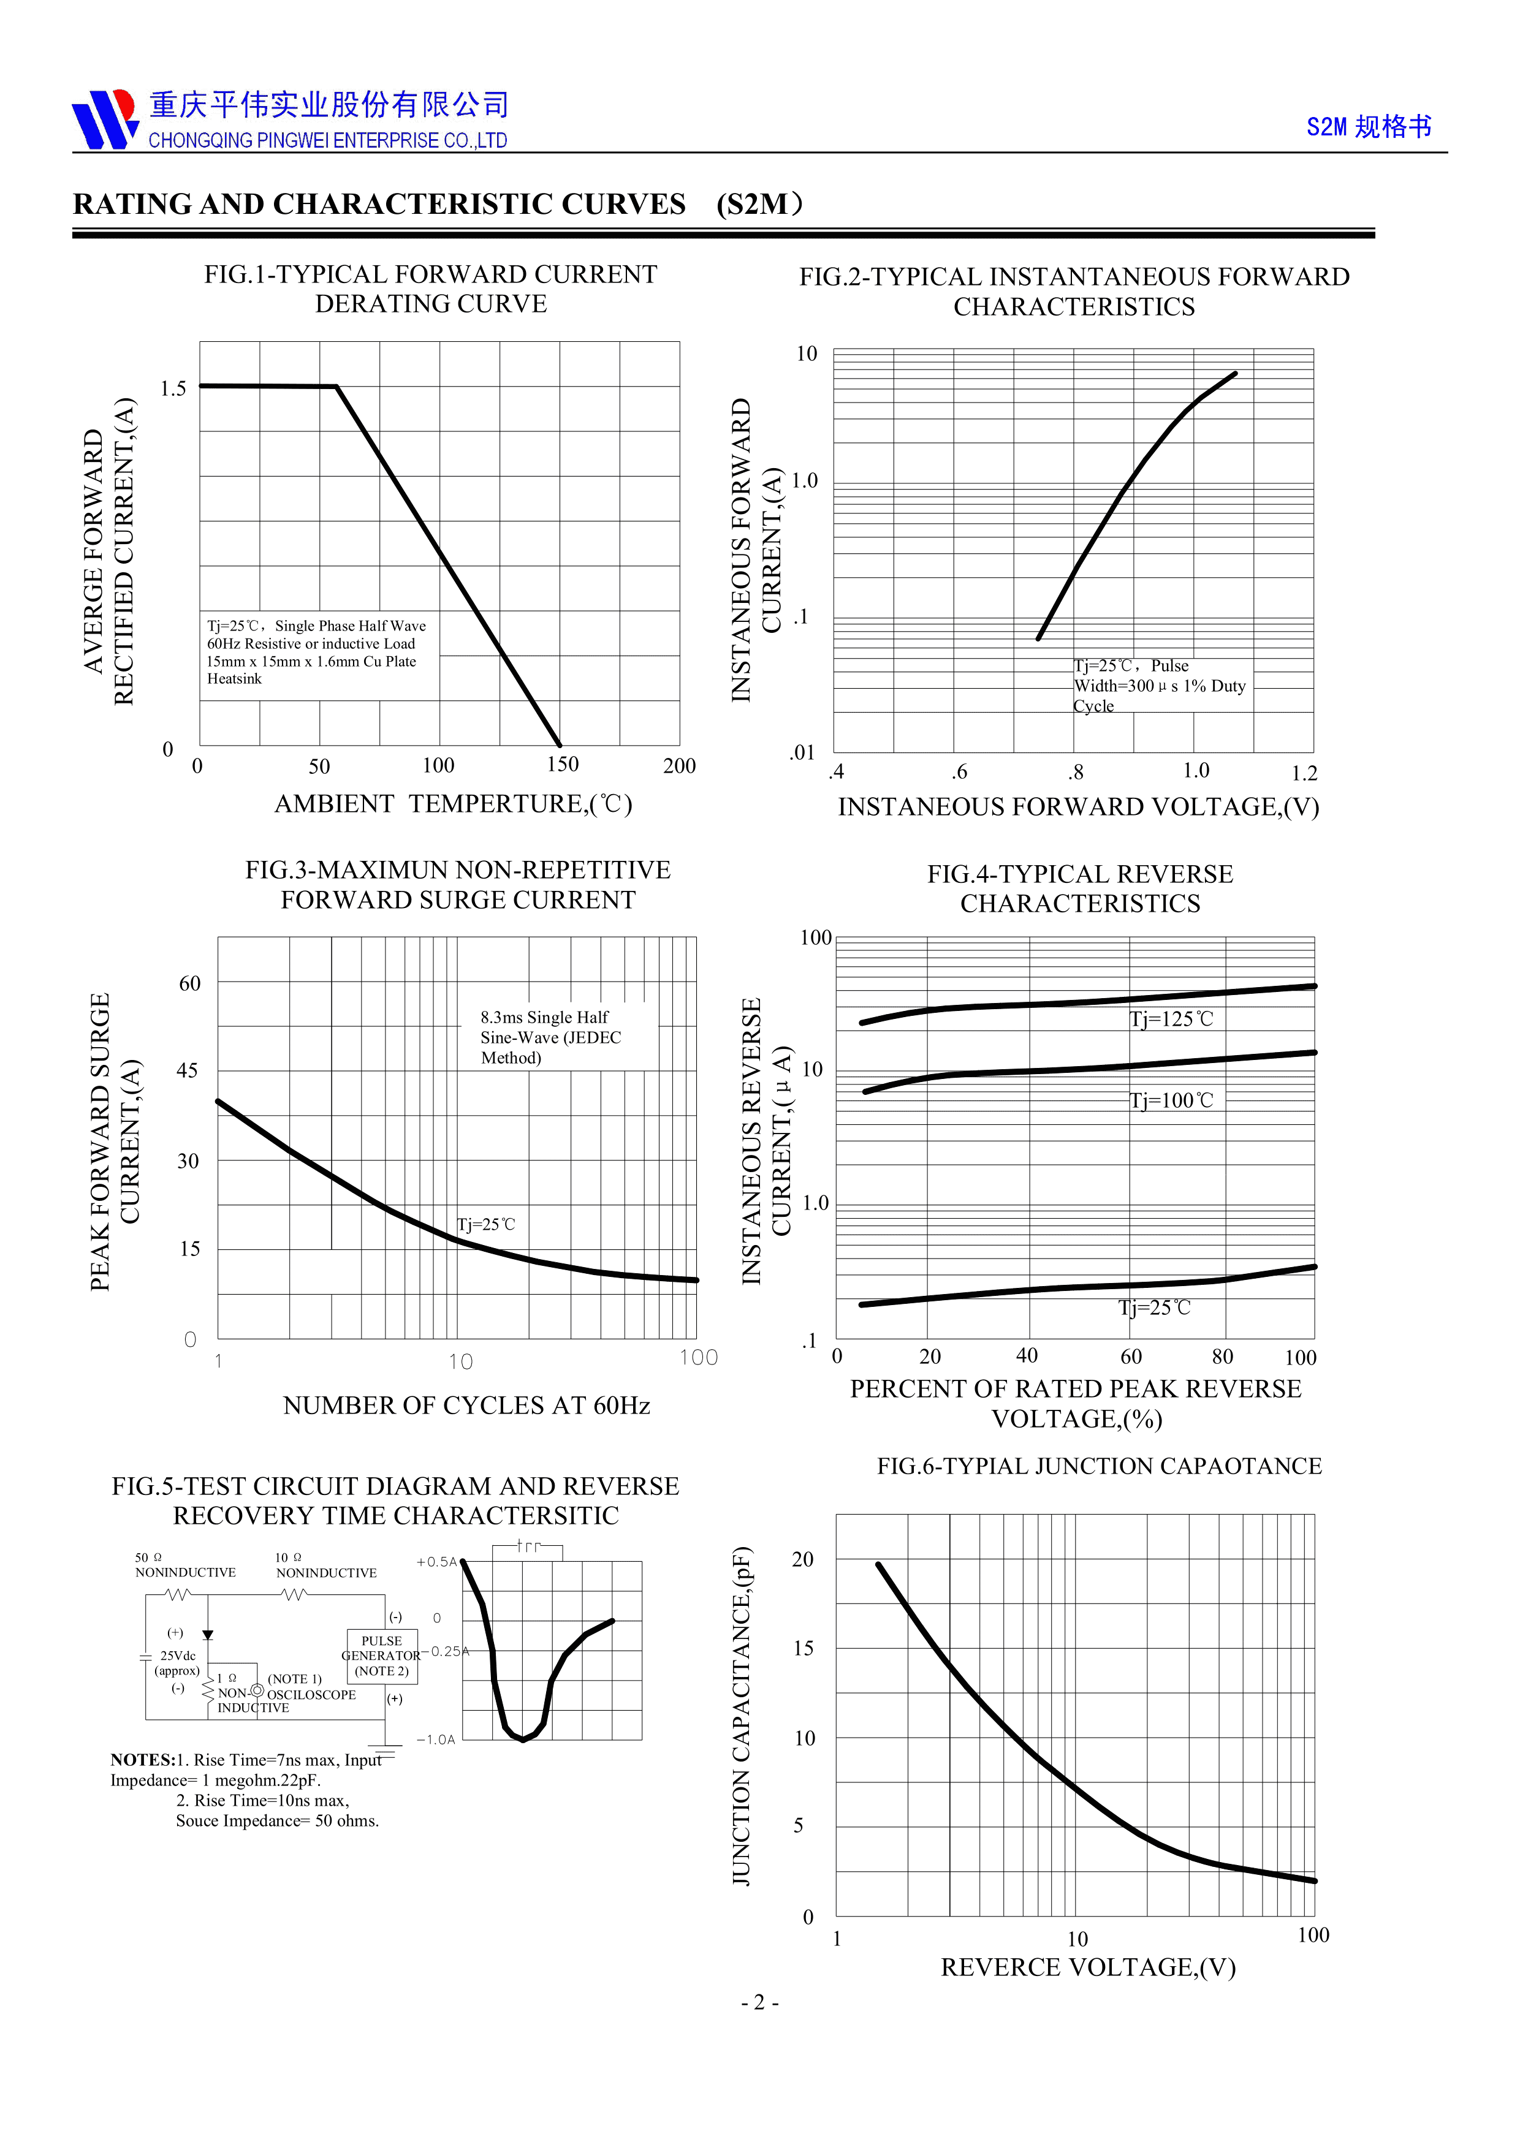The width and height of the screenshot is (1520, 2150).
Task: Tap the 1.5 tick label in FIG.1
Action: click(x=173, y=388)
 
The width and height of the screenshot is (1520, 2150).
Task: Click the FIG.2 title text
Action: click(x=1074, y=291)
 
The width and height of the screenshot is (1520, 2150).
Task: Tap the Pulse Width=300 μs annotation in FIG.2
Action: click(x=1160, y=686)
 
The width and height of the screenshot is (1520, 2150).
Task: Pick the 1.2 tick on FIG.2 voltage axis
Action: click(x=1304, y=773)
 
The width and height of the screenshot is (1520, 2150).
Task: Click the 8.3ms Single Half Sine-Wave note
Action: click(x=550, y=1037)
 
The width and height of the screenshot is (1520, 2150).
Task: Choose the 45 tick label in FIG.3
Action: click(x=188, y=1070)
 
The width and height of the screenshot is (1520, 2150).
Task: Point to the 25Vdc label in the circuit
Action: click(x=178, y=1656)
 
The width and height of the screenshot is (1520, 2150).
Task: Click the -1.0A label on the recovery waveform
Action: click(x=436, y=1740)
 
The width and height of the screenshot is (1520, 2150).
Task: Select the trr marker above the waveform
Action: click(x=529, y=1547)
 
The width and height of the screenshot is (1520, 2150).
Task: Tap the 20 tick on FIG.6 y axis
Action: click(x=803, y=1559)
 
